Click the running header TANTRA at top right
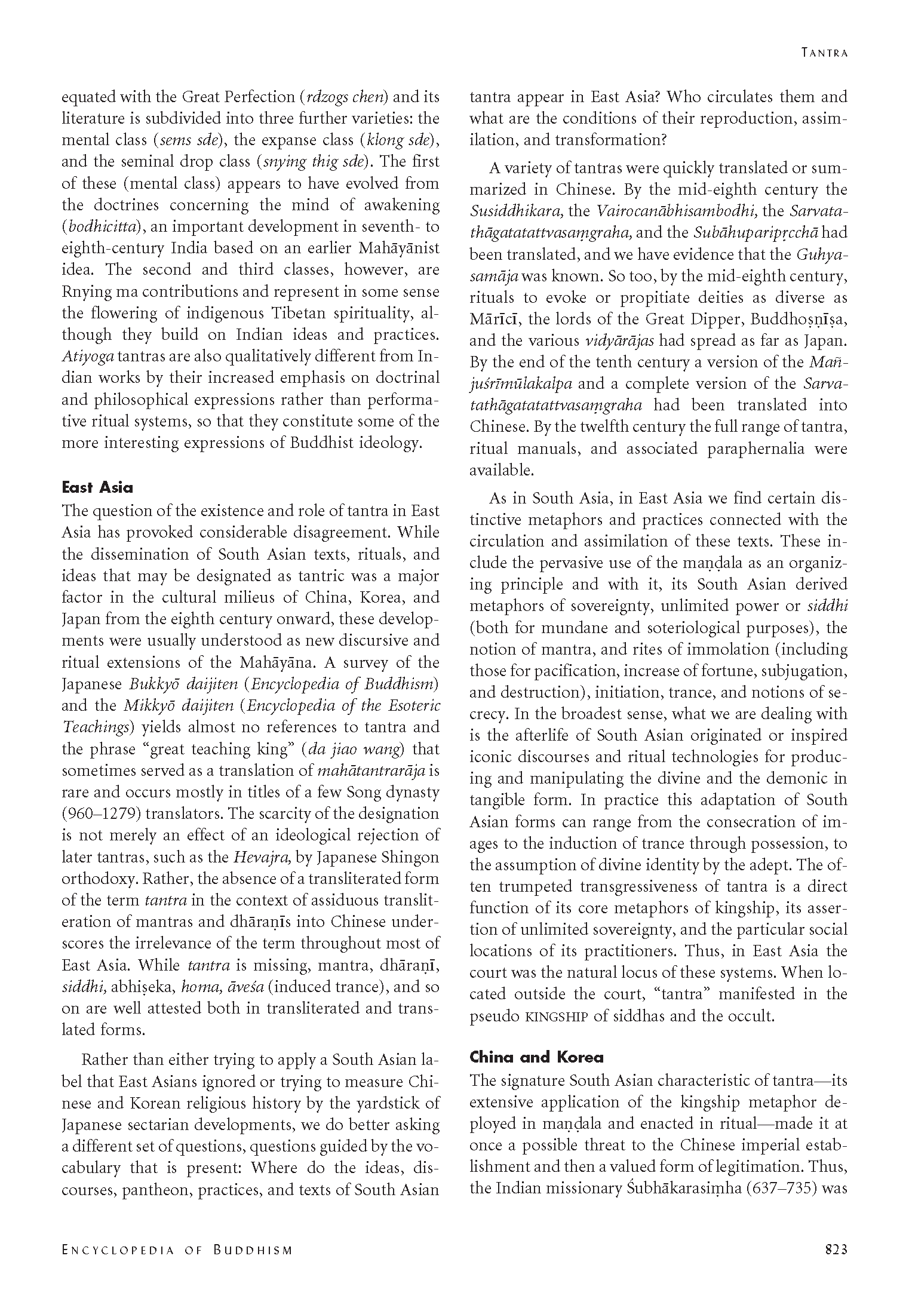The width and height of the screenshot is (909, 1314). (824, 53)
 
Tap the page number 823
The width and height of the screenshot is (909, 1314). (836, 1248)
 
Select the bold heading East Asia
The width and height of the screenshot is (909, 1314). (97, 487)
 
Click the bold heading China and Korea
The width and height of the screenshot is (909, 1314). (536, 1057)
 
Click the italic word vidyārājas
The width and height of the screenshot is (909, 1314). (618, 341)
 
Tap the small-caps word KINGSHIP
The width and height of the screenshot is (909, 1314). (558, 1016)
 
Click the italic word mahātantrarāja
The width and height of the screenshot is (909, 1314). (370, 770)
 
